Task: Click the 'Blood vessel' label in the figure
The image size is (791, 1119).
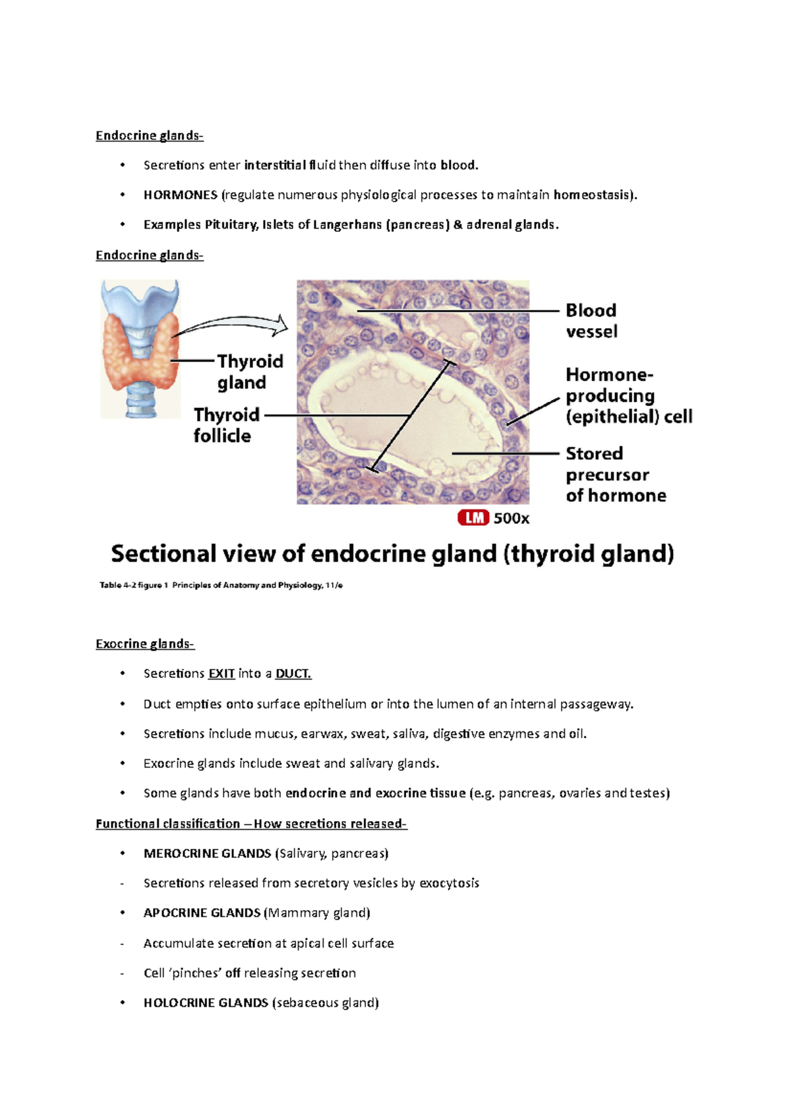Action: (591, 321)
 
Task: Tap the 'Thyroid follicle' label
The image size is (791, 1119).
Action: (226, 425)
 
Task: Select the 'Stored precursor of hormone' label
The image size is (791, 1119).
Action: (615, 474)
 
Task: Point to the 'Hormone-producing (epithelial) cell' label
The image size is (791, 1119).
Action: (628, 395)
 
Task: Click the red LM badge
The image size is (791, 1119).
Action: (473, 518)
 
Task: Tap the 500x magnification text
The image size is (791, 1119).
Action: (512, 519)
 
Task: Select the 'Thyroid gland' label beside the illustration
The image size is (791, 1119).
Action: (250, 372)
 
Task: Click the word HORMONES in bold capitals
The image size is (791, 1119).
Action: (180, 195)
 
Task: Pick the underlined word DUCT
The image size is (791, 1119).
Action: (293, 674)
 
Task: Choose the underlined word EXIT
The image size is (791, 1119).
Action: (221, 674)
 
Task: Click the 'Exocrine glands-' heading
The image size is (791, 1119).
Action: (145, 644)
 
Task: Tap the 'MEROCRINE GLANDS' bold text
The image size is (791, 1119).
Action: (207, 853)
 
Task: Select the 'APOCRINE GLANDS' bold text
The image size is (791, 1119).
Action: (202, 913)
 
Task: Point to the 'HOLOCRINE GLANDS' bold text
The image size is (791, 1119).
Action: (206, 1002)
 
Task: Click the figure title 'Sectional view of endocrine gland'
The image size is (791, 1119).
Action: (392, 554)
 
